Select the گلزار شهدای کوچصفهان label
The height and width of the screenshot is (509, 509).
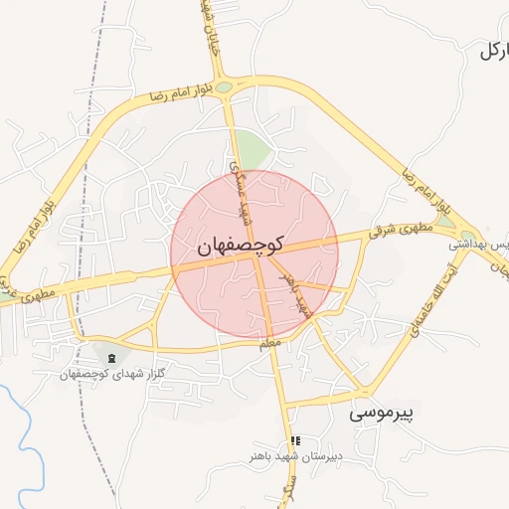[110, 374]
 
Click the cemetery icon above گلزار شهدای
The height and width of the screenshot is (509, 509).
[110, 357]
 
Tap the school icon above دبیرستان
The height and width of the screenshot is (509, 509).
[294, 440]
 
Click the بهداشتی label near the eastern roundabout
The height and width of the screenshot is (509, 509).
[478, 243]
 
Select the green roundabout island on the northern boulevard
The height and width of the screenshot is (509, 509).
[225, 87]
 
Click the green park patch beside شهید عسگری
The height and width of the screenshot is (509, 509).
[253, 151]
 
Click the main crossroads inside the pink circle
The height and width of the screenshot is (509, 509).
[260, 257]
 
